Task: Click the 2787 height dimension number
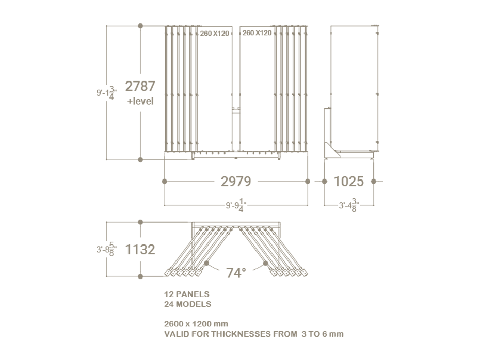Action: click(x=140, y=86)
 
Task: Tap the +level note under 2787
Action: click(x=140, y=101)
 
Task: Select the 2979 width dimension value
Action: click(x=236, y=182)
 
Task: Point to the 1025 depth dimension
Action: click(x=349, y=182)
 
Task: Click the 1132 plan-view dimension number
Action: click(x=140, y=250)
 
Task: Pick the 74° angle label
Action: click(x=236, y=273)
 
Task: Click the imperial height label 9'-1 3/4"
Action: click(x=106, y=93)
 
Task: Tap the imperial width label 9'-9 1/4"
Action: click(x=236, y=205)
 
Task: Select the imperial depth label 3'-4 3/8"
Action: click(x=349, y=205)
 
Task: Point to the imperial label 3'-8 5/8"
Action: click(x=106, y=249)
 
